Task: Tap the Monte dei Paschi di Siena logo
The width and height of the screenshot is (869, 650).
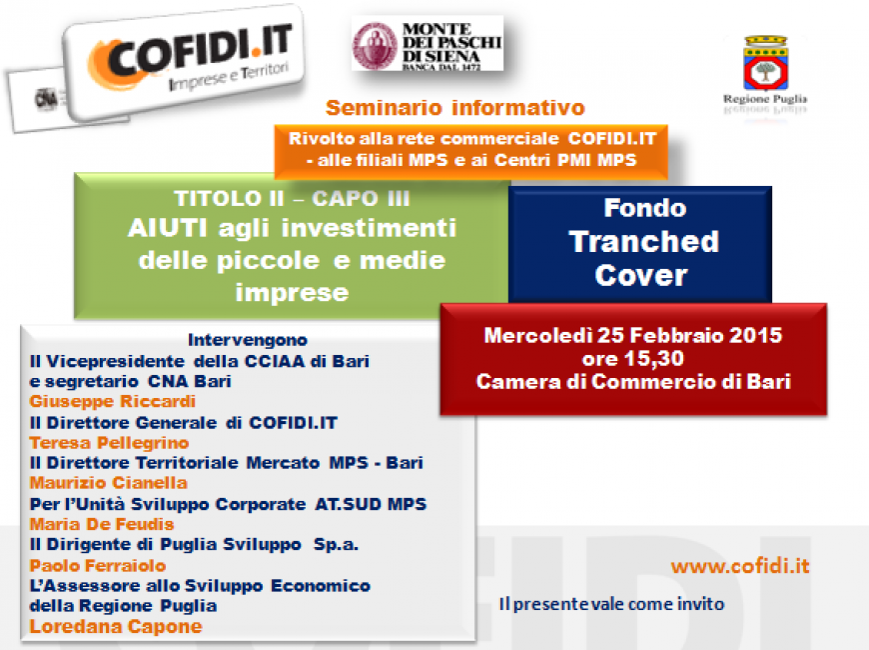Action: [428, 44]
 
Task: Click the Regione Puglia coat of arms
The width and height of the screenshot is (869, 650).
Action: [765, 62]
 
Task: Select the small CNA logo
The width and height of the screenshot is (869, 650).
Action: [46, 99]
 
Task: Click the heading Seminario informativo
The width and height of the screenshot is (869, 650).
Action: [455, 108]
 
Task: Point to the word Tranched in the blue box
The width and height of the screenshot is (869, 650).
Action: [643, 241]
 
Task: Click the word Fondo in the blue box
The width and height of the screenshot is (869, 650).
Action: [645, 208]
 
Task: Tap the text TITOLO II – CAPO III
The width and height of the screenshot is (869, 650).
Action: [292, 198]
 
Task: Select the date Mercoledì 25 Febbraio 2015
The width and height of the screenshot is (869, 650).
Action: [633, 335]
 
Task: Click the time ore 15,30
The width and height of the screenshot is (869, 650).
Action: [633, 359]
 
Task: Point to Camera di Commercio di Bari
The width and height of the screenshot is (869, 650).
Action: [633, 381]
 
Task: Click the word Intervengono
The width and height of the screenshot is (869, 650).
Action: [247, 339]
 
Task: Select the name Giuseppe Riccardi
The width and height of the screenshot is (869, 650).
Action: [113, 401]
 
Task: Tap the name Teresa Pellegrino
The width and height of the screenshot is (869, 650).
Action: [109, 443]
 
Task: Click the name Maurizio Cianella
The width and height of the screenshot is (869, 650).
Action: [109, 483]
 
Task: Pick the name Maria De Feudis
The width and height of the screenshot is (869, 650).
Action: [102, 524]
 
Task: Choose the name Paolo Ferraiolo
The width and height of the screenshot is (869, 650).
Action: [98, 566]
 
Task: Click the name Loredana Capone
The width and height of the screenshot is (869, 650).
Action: [116, 626]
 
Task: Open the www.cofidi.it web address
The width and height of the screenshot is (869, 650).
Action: [740, 566]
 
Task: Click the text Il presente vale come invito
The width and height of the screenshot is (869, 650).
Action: [612, 603]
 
